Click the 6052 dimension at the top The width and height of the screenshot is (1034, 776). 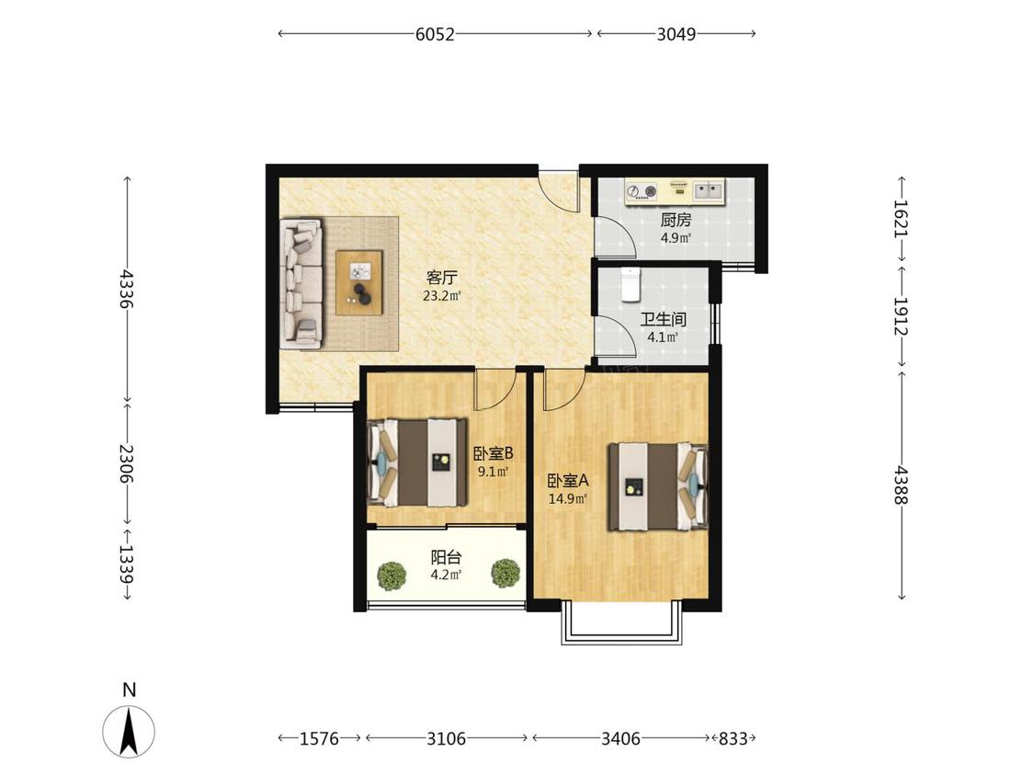[435, 34]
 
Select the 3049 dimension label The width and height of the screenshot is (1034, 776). [676, 34]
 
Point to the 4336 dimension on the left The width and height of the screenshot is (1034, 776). [127, 289]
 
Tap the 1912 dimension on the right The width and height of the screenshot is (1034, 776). [901, 316]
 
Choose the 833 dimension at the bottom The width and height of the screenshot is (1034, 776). [733, 738]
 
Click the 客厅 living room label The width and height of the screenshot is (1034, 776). [442, 277]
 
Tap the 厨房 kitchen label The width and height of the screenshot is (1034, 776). [676, 220]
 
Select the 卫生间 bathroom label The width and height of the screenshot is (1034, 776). [664, 320]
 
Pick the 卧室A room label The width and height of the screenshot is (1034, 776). [568, 481]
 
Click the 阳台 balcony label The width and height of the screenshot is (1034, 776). [446, 557]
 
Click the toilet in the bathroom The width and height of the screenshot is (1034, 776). [631, 284]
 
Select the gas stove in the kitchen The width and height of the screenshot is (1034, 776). [642, 191]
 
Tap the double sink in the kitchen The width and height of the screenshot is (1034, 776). [708, 190]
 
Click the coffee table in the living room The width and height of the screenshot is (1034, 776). [359, 282]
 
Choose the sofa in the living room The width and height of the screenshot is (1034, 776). [301, 283]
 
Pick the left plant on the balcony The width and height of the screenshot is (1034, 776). [392, 576]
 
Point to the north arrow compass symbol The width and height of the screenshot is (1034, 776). [129, 731]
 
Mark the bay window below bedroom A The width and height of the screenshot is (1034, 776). [620, 622]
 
